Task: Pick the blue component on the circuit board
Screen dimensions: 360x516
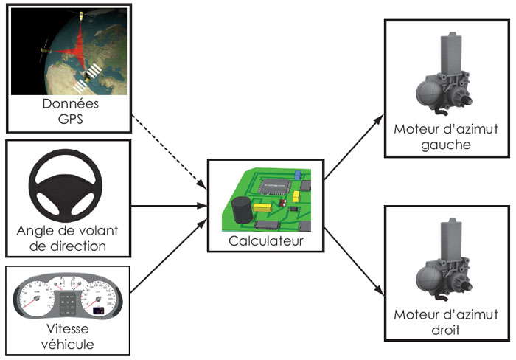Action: [x=297, y=176]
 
